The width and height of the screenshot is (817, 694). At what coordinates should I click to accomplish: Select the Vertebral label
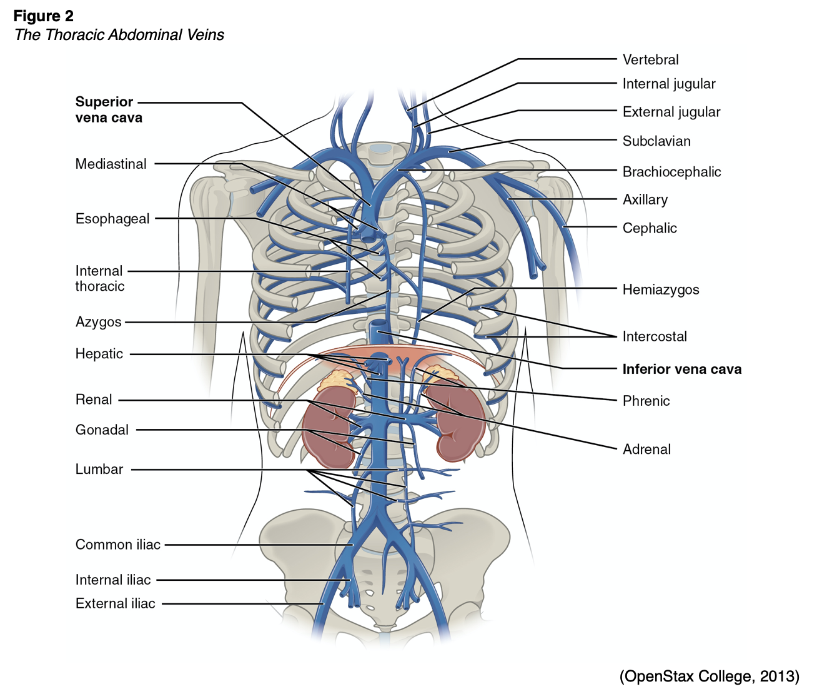click(650, 60)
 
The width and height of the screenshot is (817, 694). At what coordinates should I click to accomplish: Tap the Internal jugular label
click(668, 84)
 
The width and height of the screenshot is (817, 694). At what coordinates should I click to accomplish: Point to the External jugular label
click(671, 112)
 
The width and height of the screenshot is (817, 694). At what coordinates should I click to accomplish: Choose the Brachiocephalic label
click(671, 172)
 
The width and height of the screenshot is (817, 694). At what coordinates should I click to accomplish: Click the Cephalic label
click(649, 228)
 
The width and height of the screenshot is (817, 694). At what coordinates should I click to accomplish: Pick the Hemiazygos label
click(660, 289)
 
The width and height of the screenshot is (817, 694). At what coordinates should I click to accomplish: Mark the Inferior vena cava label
click(681, 369)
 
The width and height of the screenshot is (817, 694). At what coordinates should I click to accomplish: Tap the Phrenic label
click(646, 401)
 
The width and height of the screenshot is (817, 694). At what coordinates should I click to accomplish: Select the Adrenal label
click(646, 449)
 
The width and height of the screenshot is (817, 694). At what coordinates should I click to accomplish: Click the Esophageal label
click(112, 219)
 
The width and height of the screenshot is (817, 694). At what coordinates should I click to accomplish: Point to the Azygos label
click(98, 322)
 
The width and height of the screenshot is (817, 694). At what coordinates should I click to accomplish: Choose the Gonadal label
click(102, 430)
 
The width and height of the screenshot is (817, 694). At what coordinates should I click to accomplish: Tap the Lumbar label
click(99, 469)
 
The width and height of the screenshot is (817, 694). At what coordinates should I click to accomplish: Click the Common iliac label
click(117, 545)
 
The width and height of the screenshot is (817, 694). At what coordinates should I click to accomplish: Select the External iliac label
click(115, 603)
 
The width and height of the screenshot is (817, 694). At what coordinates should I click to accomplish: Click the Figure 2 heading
click(43, 16)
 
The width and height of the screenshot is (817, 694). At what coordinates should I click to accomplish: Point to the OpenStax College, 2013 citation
click(709, 676)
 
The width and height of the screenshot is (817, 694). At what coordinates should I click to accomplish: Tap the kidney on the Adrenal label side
click(460, 422)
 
